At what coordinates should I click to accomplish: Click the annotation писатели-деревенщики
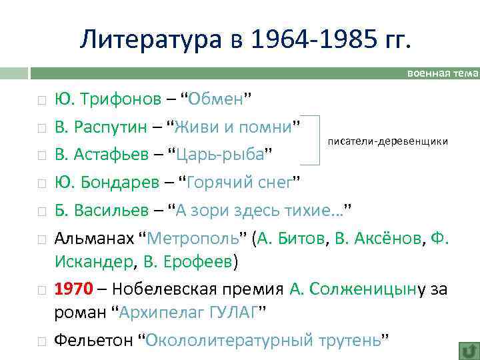(x=387, y=143)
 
